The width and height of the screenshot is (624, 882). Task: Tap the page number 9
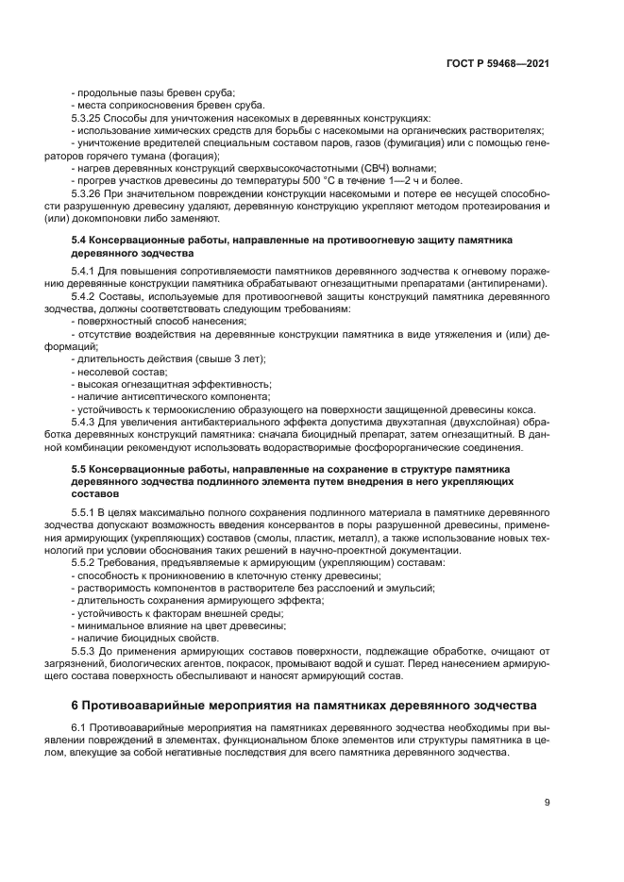point(547,802)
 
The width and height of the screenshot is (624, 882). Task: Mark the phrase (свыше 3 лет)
point(228,358)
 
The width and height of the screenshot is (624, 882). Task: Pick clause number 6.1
point(80,730)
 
